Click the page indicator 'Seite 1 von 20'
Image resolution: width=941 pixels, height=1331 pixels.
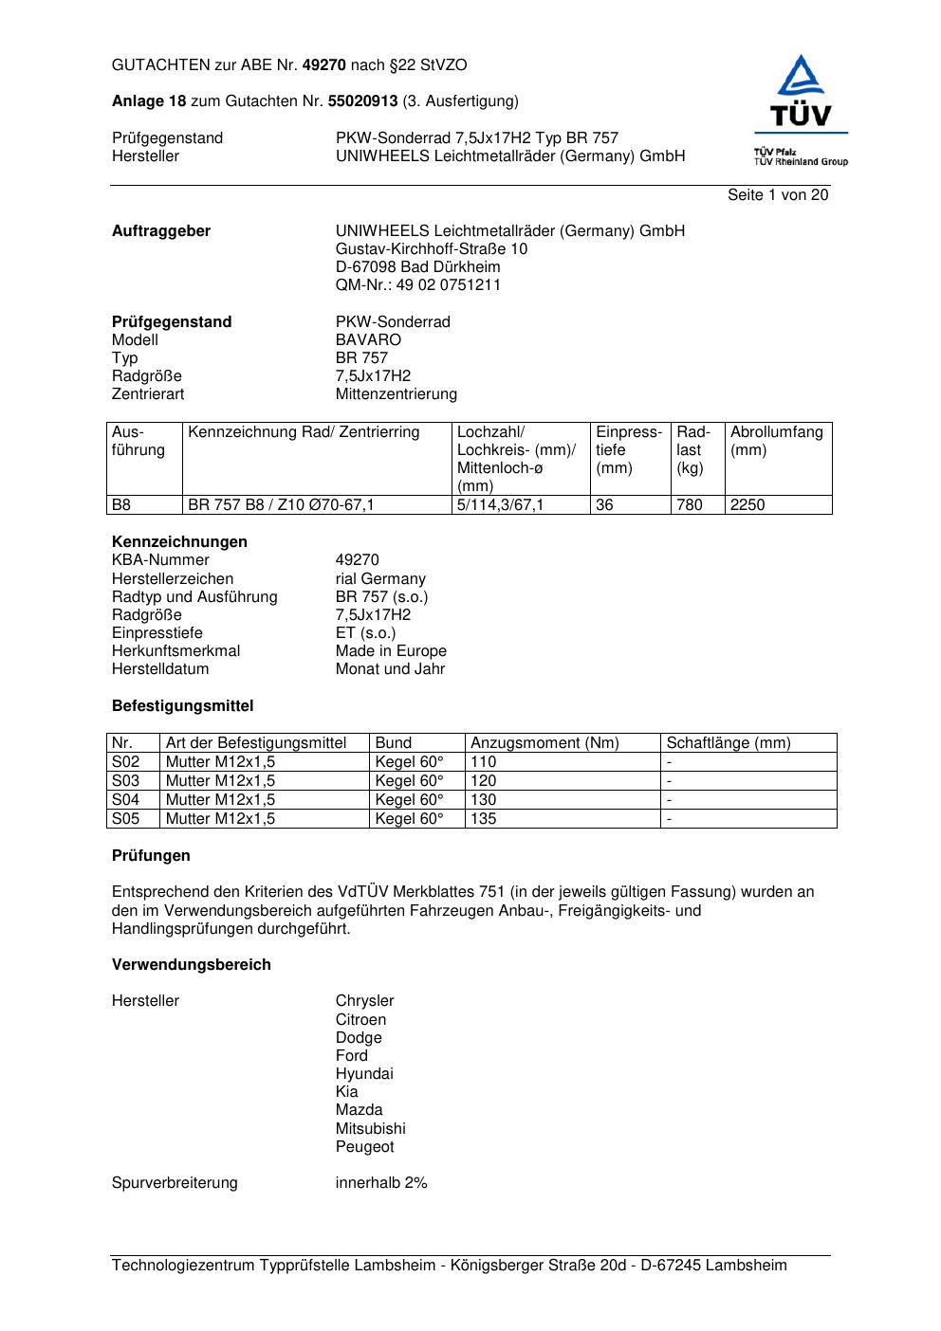pyautogui.click(x=777, y=195)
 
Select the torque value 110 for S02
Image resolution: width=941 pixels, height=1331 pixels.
pyautogui.click(x=484, y=762)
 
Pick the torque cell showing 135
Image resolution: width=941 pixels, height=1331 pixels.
pyautogui.click(x=484, y=819)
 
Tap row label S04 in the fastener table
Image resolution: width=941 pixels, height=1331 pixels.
pyautogui.click(x=125, y=800)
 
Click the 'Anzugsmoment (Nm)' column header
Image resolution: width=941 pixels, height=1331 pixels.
pyautogui.click(x=544, y=743)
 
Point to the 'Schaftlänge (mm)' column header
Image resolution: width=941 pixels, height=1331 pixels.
pyautogui.click(x=728, y=743)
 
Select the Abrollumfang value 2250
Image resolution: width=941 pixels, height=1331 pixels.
pyautogui.click(x=747, y=505)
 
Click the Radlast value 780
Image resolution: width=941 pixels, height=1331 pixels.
pyautogui.click(x=690, y=505)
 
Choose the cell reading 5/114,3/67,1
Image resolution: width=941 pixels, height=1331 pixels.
pyautogui.click(x=500, y=505)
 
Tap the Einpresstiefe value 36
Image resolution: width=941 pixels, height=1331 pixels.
pyautogui.click(x=604, y=505)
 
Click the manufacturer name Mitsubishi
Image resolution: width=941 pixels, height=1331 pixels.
pyautogui.click(x=370, y=1129)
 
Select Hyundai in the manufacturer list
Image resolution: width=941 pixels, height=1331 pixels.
pyautogui.click(x=363, y=1074)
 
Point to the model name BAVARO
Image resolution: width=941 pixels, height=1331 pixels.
pyautogui.click(x=368, y=340)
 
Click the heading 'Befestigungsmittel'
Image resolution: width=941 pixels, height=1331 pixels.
pyautogui.click(x=182, y=706)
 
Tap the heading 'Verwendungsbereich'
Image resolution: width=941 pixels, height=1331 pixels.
pyautogui.click(x=191, y=965)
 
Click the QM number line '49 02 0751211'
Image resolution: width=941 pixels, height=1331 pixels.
pyautogui.click(x=418, y=285)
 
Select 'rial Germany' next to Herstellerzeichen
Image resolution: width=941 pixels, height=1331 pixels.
pyautogui.click(x=380, y=579)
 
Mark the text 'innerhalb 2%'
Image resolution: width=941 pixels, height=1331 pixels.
pyautogui.click(x=381, y=1183)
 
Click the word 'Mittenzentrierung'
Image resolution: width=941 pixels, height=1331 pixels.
pyautogui.click(x=396, y=394)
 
